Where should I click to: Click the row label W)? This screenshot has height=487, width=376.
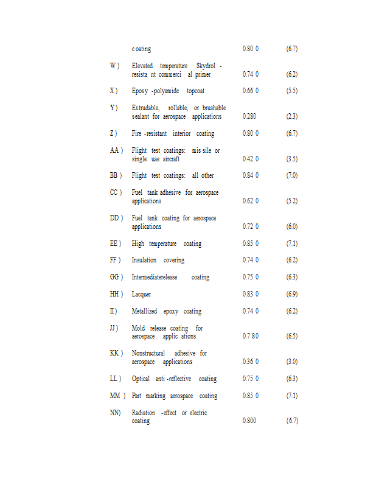[114, 66]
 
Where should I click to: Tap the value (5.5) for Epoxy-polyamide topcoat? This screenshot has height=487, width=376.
[291, 91]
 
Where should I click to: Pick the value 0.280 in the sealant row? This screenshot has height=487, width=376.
[249, 116]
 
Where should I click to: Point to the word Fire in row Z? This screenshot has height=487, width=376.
[137, 133]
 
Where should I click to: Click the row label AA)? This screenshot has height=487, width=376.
[116, 150]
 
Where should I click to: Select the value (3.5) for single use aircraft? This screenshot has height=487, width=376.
[291, 159]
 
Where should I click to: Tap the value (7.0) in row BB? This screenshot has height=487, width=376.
[291, 175]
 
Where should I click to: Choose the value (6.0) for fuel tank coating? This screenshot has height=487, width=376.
[291, 226]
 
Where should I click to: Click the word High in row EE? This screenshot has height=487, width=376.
[138, 243]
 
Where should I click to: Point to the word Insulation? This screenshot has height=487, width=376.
[144, 260]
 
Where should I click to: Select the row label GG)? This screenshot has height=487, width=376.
[116, 277]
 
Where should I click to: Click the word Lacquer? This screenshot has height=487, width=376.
[142, 294]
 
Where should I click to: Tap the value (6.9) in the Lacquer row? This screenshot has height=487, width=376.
[291, 294]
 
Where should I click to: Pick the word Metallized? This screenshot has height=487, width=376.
[145, 311]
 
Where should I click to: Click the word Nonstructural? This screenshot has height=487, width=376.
[148, 353]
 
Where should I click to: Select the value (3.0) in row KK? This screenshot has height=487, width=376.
[291, 362]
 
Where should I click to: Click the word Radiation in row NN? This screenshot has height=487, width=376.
[144, 413]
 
